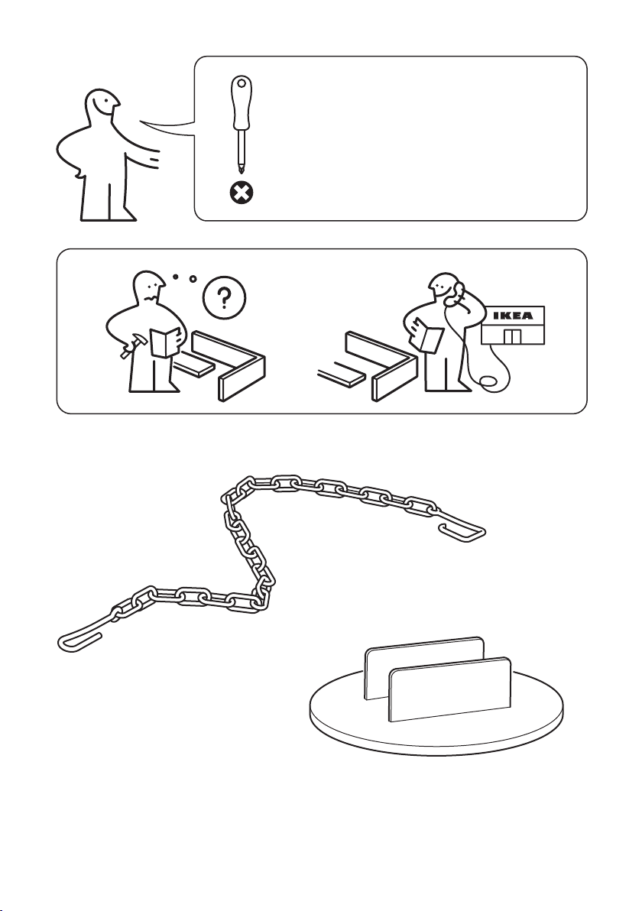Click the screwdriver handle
241,102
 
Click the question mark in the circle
224,300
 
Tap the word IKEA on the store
512,316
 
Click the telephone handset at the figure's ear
457,294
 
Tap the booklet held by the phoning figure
430,338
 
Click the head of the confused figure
149,287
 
